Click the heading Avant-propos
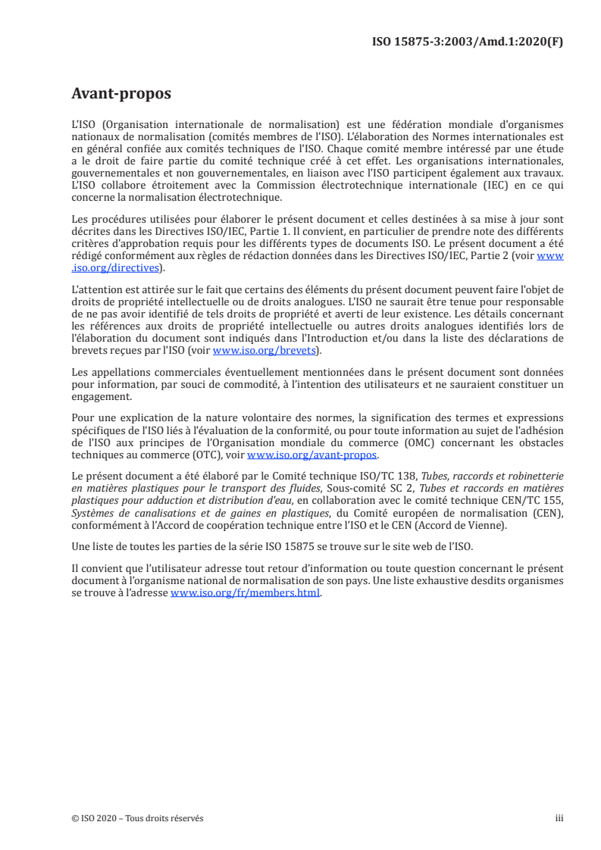[x=121, y=94]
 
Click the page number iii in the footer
[x=559, y=817]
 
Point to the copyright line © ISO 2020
[x=137, y=817]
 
